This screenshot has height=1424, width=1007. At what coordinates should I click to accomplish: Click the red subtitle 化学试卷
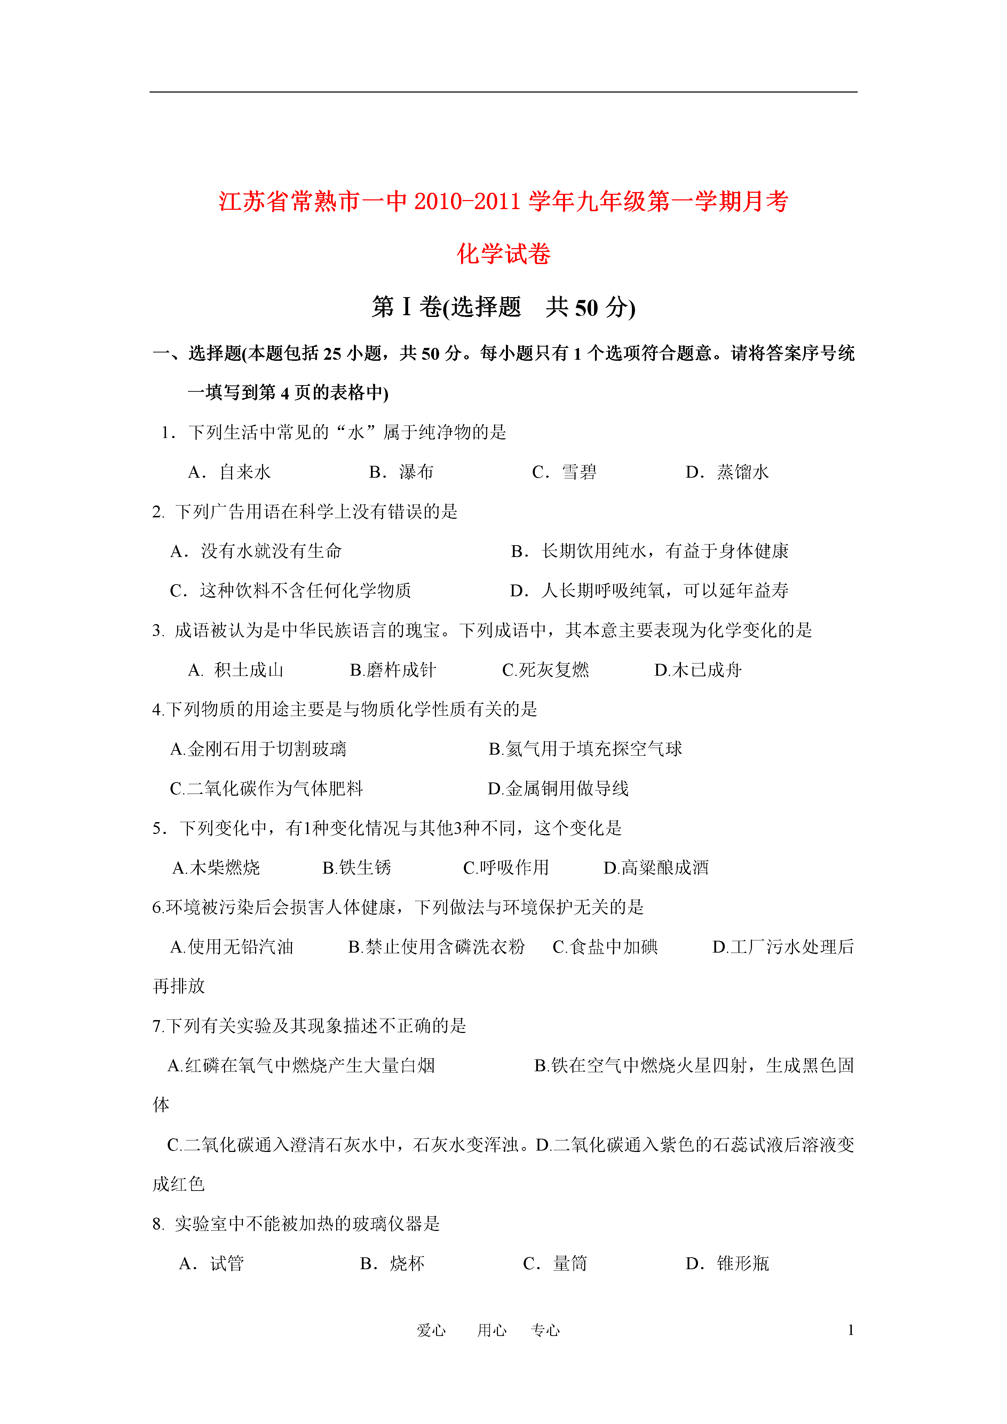pyautogui.click(x=503, y=254)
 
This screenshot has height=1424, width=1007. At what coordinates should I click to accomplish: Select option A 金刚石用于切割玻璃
pyautogui.click(x=258, y=749)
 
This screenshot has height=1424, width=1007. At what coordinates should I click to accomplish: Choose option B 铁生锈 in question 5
pyautogui.click(x=357, y=868)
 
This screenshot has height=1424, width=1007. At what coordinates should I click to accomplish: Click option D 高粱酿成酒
pyautogui.click(x=656, y=868)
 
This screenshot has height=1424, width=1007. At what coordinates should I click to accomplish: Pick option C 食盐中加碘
pyautogui.click(x=605, y=947)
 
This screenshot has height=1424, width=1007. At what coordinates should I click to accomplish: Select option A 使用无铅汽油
pyautogui.click(x=231, y=947)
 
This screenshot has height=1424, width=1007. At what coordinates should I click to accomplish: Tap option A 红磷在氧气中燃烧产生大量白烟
pyautogui.click(x=301, y=1066)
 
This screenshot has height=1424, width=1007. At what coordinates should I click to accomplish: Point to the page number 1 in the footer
pyautogui.click(x=851, y=1330)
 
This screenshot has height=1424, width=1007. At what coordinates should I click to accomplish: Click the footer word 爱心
pyautogui.click(x=431, y=1330)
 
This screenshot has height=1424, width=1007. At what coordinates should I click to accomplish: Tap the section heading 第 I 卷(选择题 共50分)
pyautogui.click(x=503, y=307)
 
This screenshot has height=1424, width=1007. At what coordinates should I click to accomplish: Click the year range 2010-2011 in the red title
pyautogui.click(x=467, y=201)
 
